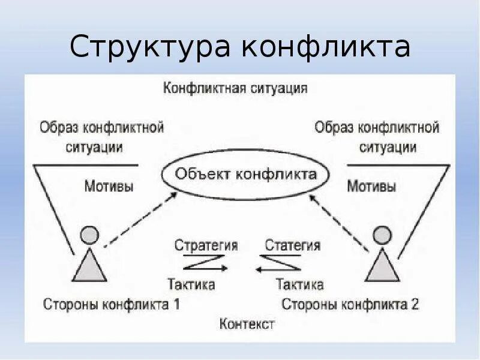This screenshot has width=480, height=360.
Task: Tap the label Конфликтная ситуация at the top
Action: (x=236, y=89)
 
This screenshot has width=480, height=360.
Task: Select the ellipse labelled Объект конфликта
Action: (x=246, y=175)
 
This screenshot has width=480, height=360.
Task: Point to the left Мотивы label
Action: (x=109, y=186)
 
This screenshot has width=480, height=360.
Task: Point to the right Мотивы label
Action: (x=371, y=186)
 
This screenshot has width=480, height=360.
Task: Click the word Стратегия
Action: (x=206, y=245)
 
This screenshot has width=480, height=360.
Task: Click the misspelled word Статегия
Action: (x=292, y=245)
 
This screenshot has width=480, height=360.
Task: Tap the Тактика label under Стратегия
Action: (x=191, y=284)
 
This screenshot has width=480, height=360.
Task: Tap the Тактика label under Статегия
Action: (x=299, y=284)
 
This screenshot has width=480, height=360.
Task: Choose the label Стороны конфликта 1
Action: (x=112, y=304)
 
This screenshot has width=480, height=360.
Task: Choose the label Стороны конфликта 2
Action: (x=350, y=304)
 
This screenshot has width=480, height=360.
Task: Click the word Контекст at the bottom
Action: (x=247, y=324)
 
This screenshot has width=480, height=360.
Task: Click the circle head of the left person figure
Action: (x=89, y=234)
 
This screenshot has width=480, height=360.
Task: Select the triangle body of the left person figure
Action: (x=89, y=267)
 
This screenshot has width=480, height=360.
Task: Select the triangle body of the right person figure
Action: (x=383, y=267)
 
